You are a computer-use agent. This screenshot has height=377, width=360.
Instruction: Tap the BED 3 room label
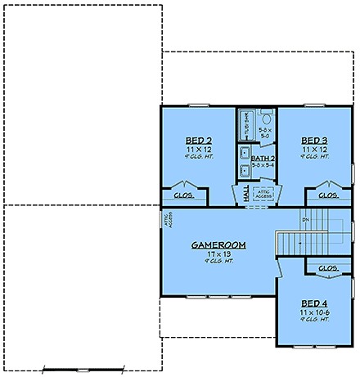[314, 141]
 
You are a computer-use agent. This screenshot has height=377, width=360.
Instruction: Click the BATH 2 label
[263, 157]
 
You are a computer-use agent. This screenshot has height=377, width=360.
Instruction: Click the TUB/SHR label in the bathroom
[246, 126]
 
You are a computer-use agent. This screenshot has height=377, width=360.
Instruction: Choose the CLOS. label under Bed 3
[328, 195]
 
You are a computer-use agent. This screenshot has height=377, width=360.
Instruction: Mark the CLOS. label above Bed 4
[328, 267]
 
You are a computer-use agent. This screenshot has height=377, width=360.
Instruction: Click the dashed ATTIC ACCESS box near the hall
[264, 194]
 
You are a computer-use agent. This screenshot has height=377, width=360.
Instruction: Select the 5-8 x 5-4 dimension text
[263, 166]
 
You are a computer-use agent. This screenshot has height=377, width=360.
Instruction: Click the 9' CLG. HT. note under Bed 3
[314, 157]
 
